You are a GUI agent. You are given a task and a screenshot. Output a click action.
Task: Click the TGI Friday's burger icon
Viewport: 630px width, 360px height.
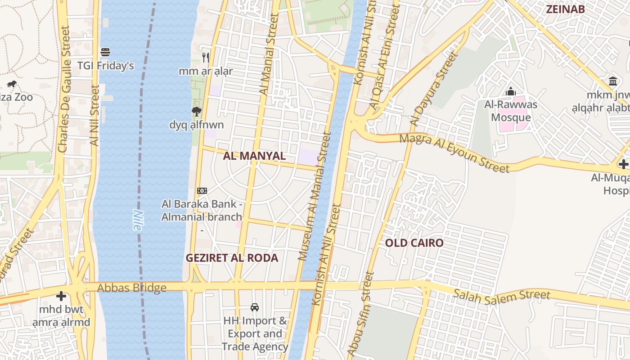(105, 52)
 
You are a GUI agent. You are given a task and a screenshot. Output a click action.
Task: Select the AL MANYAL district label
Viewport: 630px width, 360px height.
(254, 156)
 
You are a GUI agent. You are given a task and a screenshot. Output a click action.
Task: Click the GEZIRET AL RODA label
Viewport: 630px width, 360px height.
(232, 258)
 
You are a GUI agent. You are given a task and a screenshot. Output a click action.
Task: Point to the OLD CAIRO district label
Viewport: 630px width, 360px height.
(414, 243)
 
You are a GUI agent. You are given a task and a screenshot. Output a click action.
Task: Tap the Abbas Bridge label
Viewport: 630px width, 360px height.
(132, 288)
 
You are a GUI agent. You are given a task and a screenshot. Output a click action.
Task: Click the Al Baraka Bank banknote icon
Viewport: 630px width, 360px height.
(202, 191)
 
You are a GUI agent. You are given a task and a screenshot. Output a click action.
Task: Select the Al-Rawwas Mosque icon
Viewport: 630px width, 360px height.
(510, 92)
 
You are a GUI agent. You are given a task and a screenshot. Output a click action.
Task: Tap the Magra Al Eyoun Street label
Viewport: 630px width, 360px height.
(454, 153)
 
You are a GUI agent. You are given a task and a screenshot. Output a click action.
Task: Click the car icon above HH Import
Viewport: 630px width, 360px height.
(255, 307)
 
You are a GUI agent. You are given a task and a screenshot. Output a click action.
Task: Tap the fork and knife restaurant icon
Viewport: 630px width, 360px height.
(206, 57)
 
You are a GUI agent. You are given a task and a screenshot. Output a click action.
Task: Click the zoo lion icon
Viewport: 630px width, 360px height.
(12, 84)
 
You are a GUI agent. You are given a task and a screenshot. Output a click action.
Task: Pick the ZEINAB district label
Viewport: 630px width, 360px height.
(565, 9)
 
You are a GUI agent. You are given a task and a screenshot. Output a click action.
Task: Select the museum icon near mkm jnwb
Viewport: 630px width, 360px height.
(613, 81)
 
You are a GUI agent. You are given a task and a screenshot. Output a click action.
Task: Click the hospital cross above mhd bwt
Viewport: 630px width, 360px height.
(61, 296)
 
